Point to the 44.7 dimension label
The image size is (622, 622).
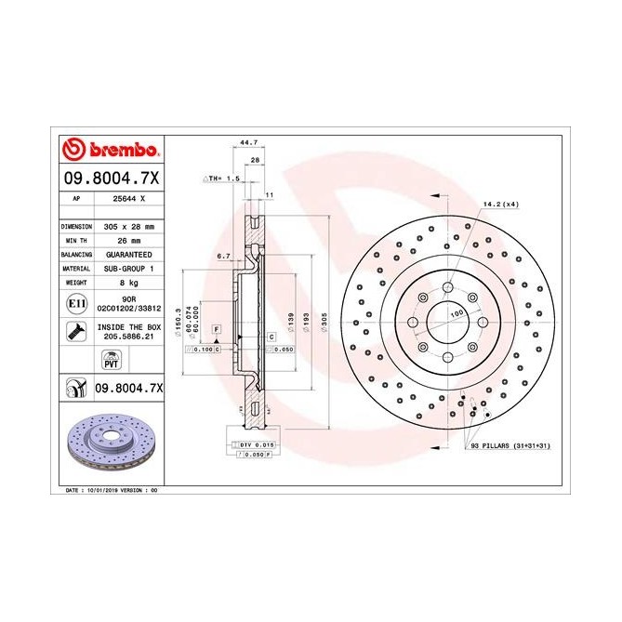248,143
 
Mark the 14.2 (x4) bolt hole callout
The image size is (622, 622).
500,203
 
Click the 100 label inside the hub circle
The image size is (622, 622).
457,316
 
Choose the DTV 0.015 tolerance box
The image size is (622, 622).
252,447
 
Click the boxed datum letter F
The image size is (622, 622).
216,330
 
